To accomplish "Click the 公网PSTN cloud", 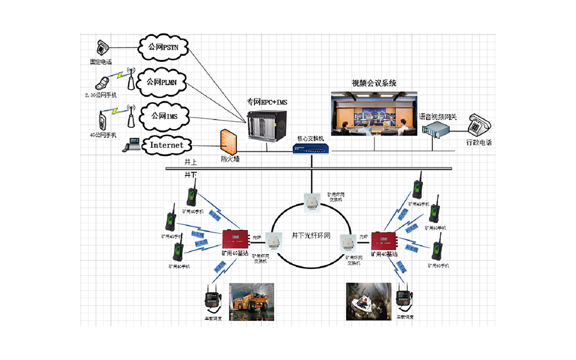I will point(163,47).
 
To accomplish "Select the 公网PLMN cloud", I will point(163,81).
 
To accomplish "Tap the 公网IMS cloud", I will point(163,114).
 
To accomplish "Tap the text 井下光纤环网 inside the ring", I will point(311,236).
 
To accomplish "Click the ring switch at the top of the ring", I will point(313,201).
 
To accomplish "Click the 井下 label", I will point(190,173).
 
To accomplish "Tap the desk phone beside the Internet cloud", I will point(130,145).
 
